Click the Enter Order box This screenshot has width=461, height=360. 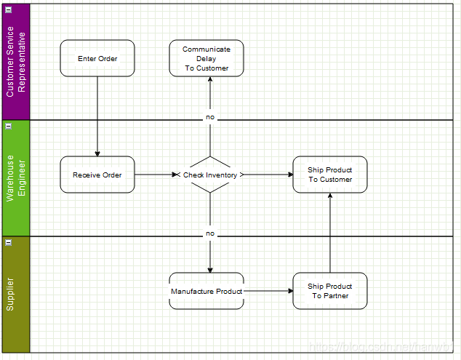[x=97, y=58]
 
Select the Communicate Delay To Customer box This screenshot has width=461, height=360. [x=207, y=58]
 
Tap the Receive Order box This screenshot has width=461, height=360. [x=97, y=175]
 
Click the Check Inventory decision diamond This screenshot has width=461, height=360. [x=210, y=175]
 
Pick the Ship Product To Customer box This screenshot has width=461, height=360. [x=330, y=175]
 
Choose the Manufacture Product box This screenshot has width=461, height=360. [x=207, y=291]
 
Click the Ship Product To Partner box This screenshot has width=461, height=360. [x=330, y=291]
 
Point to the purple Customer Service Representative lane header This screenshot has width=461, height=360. [x=16, y=62]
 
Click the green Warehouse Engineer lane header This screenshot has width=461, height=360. [x=16, y=178]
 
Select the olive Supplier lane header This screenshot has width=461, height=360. [x=16, y=295]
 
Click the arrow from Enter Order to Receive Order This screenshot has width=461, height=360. [x=97, y=116]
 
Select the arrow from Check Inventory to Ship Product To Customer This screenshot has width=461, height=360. [x=268, y=175]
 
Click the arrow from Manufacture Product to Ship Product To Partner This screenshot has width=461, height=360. [x=268, y=291]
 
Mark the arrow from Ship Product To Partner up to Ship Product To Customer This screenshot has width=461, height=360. [x=330, y=233]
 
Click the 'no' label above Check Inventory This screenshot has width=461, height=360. [x=210, y=117]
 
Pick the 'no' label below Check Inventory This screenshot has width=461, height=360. [x=210, y=233]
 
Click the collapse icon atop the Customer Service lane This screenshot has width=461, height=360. [x=9, y=9]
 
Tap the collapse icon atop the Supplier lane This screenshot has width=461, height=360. [x=9, y=241]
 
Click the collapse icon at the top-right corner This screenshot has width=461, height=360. [x=455, y=9]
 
